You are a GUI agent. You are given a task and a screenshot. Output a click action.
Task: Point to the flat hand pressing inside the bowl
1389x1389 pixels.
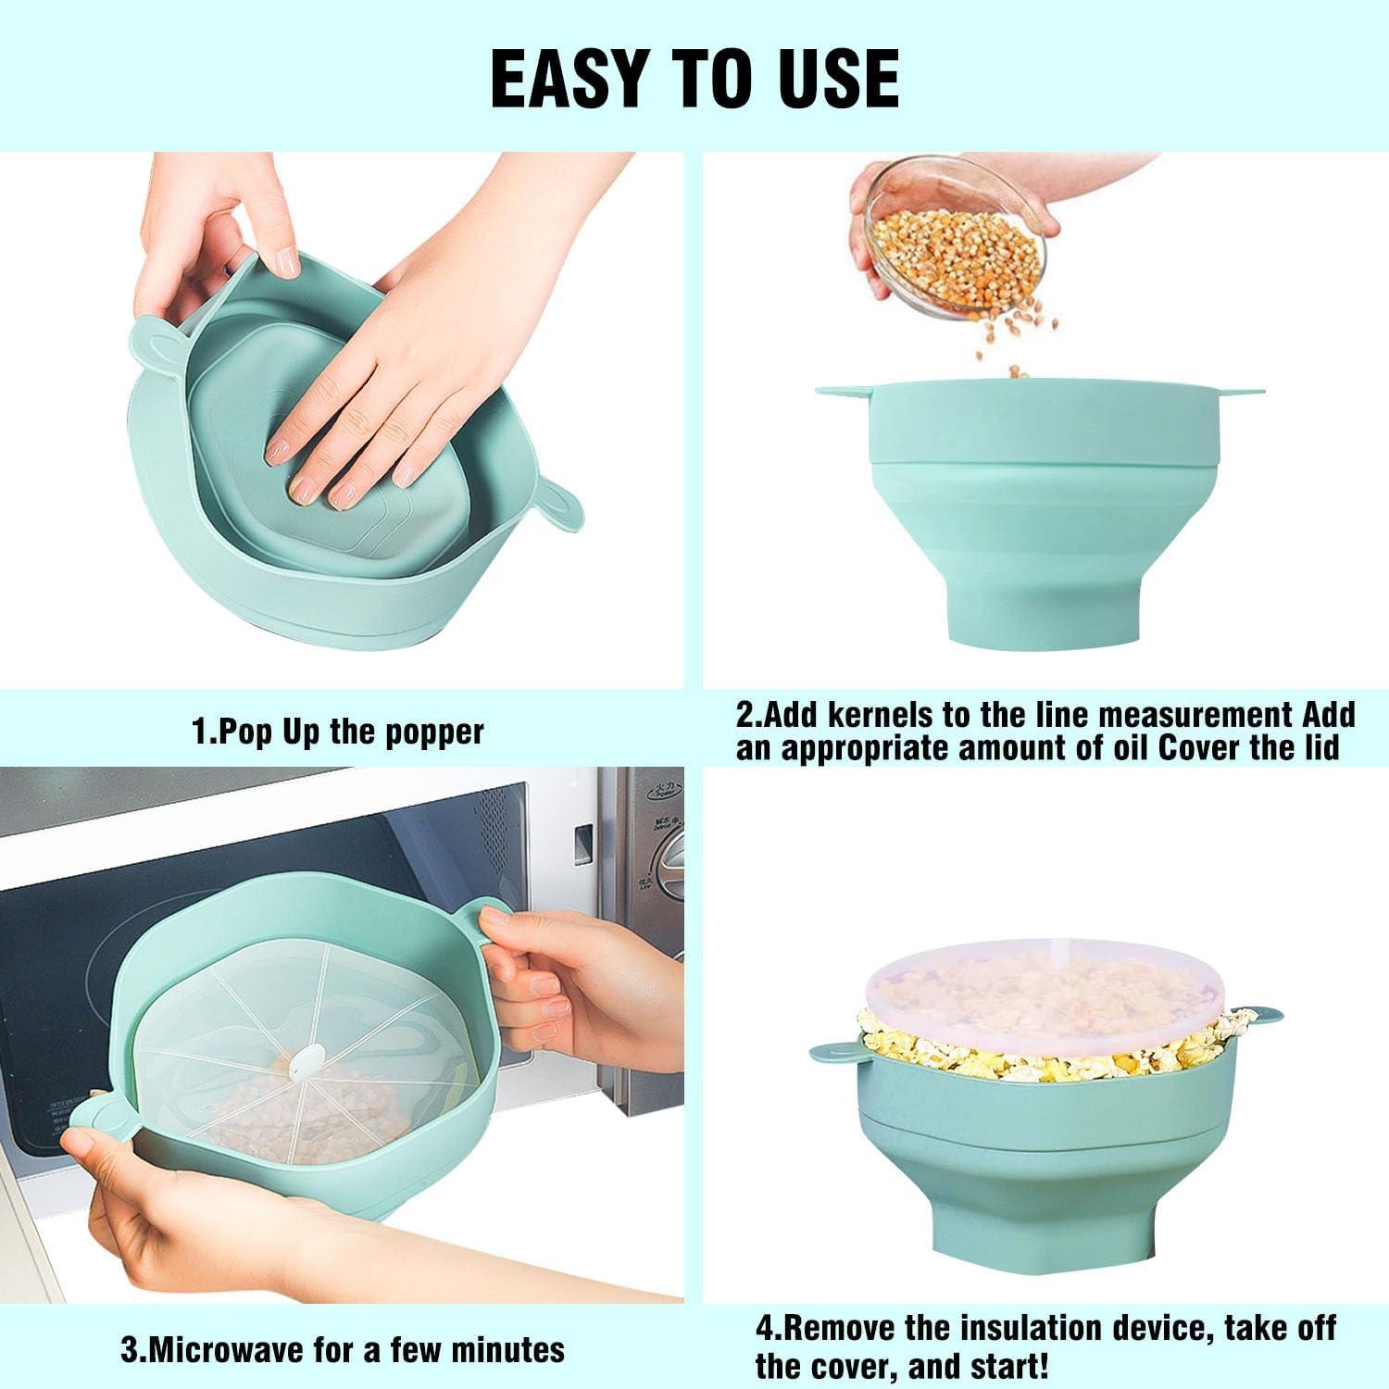[x=380, y=389]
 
